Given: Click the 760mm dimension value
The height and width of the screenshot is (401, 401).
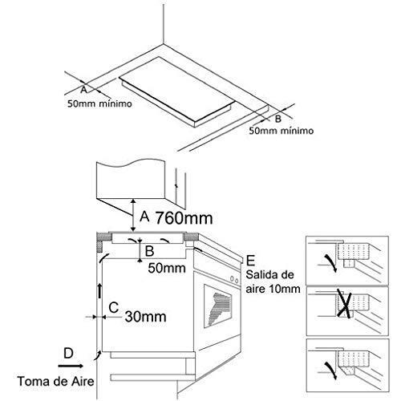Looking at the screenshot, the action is pyautogui.click(x=184, y=218).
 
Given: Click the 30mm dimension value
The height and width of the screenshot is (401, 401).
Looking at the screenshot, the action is pyautogui.click(x=145, y=317).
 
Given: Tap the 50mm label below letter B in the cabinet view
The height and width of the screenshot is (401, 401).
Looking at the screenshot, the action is pyautogui.click(x=167, y=268).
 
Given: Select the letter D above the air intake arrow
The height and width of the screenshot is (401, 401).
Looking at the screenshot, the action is pyautogui.click(x=68, y=354).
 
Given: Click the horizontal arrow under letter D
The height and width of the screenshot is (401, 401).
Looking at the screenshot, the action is pyautogui.click(x=71, y=366).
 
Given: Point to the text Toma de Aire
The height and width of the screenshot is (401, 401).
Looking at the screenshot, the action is pyautogui.click(x=56, y=381).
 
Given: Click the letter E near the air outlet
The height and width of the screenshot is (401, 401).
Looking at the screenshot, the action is pyautogui.click(x=250, y=261).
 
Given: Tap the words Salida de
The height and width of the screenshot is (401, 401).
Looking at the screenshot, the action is pyautogui.click(x=269, y=275).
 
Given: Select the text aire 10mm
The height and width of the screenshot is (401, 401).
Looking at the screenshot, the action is pyautogui.click(x=273, y=289).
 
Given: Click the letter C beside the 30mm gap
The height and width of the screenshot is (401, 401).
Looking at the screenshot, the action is pyautogui.click(x=114, y=307).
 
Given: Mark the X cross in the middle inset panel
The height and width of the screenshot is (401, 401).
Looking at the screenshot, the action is pyautogui.click(x=345, y=304).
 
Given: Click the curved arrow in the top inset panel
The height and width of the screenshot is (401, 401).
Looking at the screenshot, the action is pyautogui.click(x=331, y=263).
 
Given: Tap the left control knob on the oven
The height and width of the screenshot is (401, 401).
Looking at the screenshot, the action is pyautogui.click(x=232, y=278).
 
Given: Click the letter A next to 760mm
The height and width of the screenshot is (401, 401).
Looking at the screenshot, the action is pyautogui.click(x=144, y=217).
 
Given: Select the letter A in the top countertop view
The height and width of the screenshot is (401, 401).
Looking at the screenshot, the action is pyautogui.click(x=83, y=90).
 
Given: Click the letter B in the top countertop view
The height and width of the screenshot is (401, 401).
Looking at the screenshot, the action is pyautogui.click(x=278, y=118).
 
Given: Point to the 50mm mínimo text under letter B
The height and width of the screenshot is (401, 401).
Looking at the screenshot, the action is pyautogui.click(x=282, y=131).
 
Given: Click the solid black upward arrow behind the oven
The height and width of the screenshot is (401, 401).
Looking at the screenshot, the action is pyautogui.click(x=100, y=291).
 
